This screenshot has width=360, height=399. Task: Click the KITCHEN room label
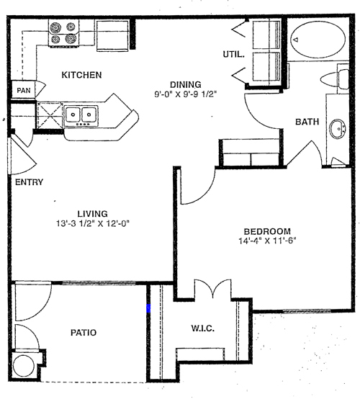click(81, 75)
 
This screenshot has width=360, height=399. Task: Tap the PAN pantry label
click(24, 90)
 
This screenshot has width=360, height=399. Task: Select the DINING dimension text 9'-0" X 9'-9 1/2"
click(186, 94)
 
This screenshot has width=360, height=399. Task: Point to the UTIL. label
click(234, 54)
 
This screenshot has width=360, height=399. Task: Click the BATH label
click(307, 122)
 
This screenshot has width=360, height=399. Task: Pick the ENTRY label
click(29, 182)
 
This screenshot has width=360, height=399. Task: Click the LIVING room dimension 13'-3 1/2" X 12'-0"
click(93, 224)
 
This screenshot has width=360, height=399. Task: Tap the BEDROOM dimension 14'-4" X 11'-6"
click(267, 241)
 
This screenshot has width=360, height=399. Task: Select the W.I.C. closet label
click(202, 328)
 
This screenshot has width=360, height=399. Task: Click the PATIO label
click(84, 333)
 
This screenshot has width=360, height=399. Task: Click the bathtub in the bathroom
click(318, 40)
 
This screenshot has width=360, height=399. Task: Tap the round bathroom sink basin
click(338, 129)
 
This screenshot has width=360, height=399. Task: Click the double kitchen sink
click(81, 116)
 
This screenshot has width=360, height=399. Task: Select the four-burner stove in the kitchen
click(63, 33)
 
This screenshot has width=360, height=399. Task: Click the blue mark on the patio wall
click(148, 308)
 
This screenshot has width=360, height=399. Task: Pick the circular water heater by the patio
click(24, 366)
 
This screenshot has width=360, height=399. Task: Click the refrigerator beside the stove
click(112, 35)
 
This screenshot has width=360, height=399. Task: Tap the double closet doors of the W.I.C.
click(212, 288)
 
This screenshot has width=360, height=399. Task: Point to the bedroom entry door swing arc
click(203, 192)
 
